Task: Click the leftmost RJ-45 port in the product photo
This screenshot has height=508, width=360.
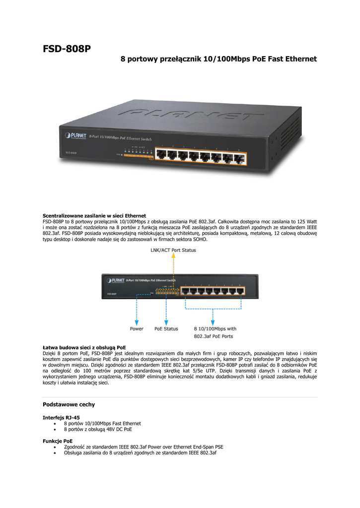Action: click(161, 154)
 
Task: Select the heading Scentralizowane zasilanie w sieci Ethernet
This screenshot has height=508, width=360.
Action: click(94, 216)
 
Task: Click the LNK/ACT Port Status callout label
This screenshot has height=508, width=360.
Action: click(173, 250)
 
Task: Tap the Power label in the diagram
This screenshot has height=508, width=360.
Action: click(137, 328)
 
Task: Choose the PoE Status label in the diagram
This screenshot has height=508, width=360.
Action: click(166, 328)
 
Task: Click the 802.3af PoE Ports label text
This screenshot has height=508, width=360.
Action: click(213, 336)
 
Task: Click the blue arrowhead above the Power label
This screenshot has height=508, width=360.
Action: click(137, 320)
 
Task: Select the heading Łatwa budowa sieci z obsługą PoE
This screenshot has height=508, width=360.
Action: click(84, 347)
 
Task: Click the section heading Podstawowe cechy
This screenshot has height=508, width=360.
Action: click(69, 404)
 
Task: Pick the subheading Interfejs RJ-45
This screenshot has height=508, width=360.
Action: click(62, 417)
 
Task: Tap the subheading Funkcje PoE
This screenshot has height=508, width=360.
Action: click(58, 441)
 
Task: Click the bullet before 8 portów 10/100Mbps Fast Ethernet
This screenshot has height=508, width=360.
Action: click(55, 424)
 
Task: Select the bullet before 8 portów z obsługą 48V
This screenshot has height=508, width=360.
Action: click(55, 430)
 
